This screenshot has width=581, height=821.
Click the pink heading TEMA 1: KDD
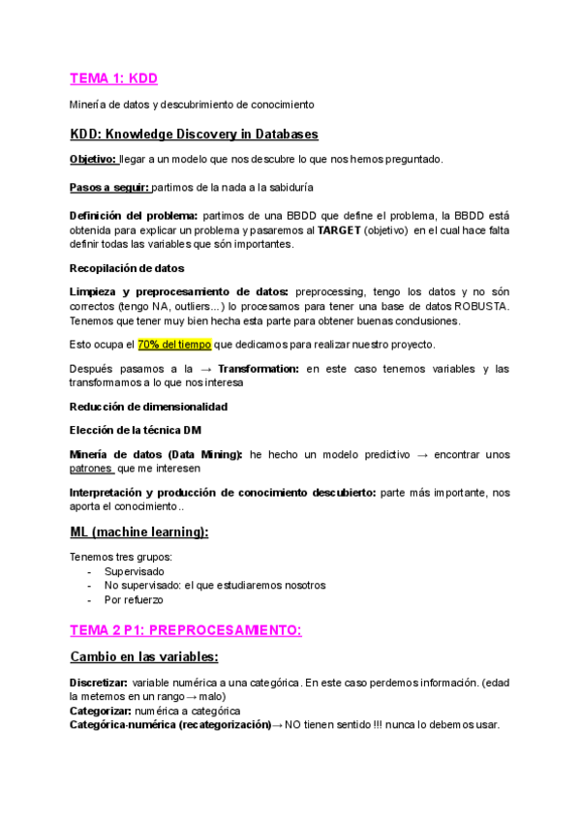[113, 78]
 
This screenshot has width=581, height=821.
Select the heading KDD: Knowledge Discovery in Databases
[194, 134]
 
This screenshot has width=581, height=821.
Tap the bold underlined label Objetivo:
[93, 159]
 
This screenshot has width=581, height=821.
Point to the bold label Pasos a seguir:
[109, 187]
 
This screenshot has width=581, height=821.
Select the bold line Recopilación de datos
[127, 267]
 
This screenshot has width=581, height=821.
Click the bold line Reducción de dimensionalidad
[148, 407]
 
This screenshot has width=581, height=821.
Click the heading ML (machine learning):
[139, 532]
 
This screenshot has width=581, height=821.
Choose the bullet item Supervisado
[135, 571]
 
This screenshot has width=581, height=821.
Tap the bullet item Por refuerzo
[134, 599]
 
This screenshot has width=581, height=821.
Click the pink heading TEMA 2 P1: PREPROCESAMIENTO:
[186, 630]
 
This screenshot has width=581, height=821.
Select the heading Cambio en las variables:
[143, 657]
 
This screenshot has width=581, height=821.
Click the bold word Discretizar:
[103, 684]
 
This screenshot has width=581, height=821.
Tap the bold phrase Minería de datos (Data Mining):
[156, 454]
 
